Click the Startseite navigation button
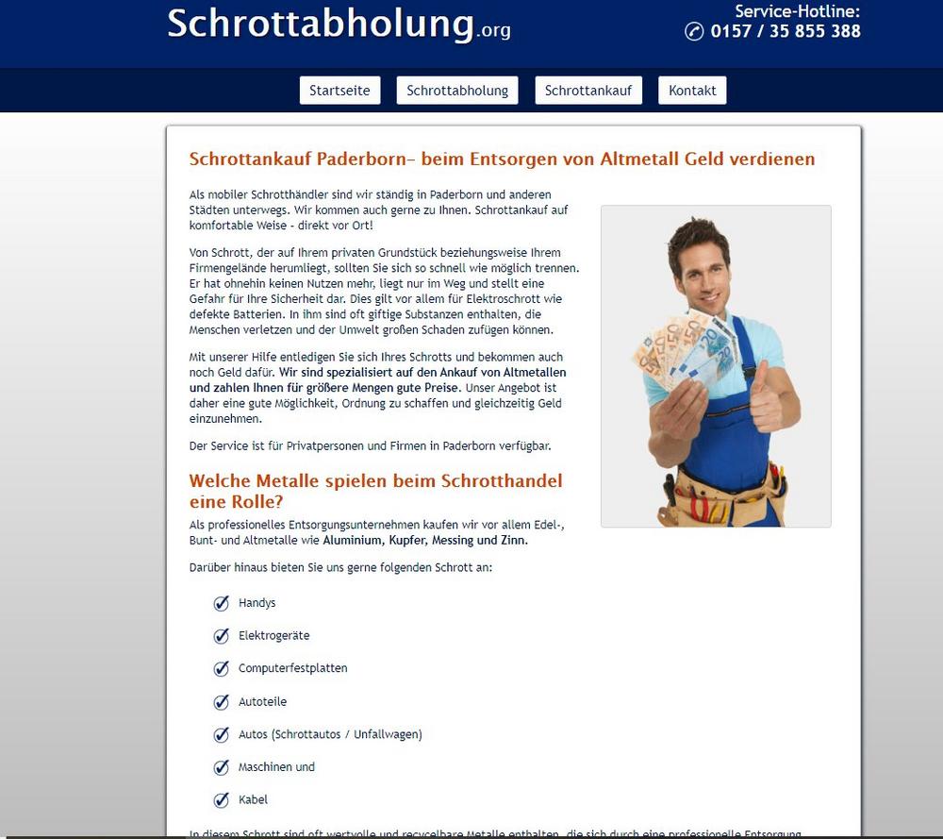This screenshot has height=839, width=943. pos(339,91)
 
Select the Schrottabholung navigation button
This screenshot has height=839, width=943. pos(457,91)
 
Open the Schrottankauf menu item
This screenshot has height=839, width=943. pos(588,91)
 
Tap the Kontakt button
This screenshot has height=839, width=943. pos(692,91)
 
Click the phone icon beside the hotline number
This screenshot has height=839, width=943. pos(694,32)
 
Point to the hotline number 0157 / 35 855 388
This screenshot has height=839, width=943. pos(786,31)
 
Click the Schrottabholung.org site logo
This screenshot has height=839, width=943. pos(339,24)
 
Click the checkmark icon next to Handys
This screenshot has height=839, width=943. pos(222,603)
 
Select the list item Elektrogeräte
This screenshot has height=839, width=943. pos(273,636)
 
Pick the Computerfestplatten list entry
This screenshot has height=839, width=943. pos(292,668)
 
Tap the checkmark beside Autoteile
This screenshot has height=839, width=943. pos(222,701)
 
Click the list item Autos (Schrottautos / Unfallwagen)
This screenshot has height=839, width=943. pos(330,734)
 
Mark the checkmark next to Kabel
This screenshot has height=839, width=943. pos(222,799)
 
